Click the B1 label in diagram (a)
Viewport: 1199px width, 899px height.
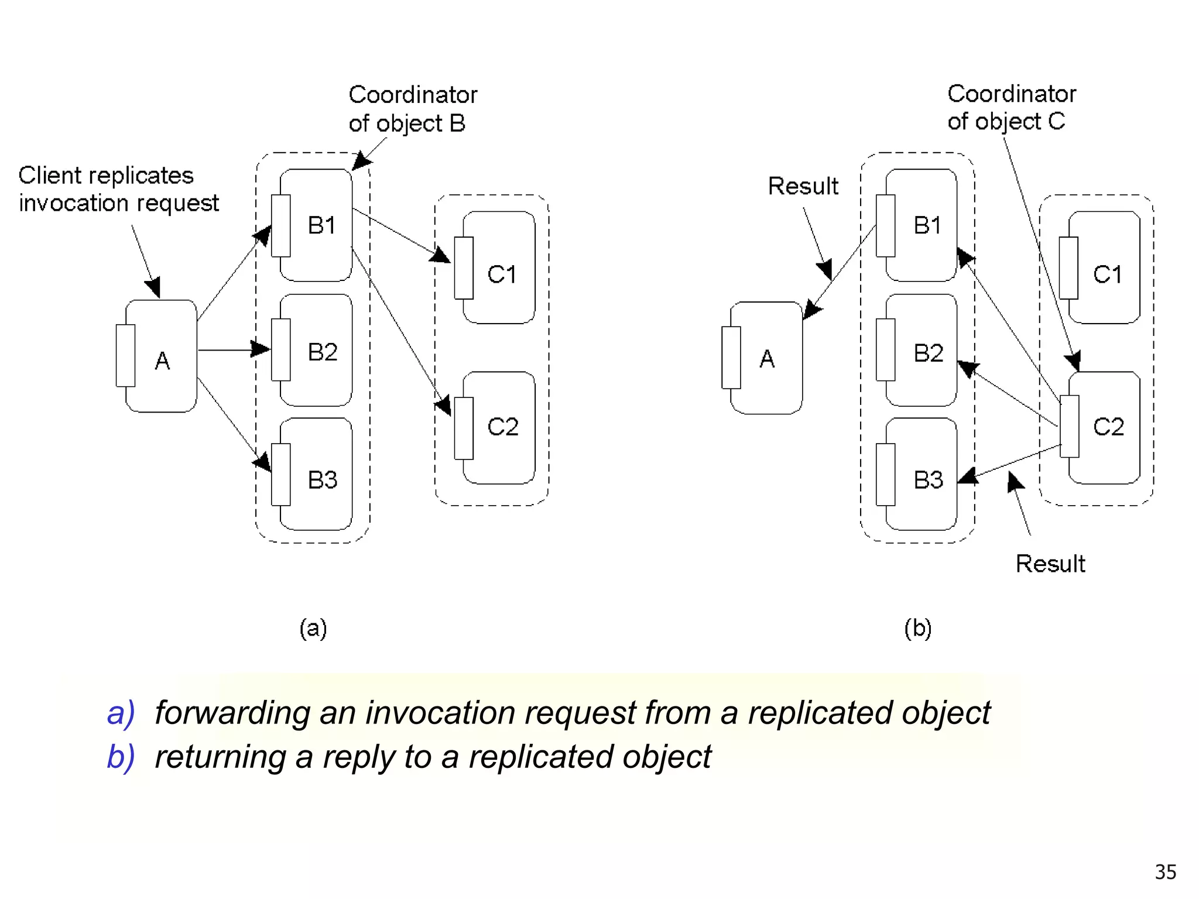point(321,225)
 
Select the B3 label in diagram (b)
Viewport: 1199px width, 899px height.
point(928,480)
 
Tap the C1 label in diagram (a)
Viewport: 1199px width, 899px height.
point(502,274)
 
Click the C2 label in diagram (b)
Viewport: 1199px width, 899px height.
point(1108,427)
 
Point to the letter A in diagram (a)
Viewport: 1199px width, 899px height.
point(162,361)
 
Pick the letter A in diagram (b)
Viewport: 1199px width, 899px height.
point(767,359)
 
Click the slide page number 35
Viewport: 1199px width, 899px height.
point(1165,872)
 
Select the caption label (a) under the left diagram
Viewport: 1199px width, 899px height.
point(313,629)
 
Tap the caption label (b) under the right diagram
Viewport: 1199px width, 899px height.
point(917,629)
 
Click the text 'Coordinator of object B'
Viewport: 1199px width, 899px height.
point(412,109)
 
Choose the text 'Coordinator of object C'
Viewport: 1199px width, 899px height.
point(1011,107)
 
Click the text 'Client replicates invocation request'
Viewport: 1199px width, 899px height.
point(118,189)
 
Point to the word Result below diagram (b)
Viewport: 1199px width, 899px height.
point(1050,564)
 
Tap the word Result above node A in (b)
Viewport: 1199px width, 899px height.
point(803,186)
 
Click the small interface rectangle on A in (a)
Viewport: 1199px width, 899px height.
point(125,355)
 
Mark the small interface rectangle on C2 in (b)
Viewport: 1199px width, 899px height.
point(1069,426)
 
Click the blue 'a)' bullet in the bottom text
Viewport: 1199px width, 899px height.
point(121,713)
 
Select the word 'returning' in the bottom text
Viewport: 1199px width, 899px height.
point(220,757)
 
